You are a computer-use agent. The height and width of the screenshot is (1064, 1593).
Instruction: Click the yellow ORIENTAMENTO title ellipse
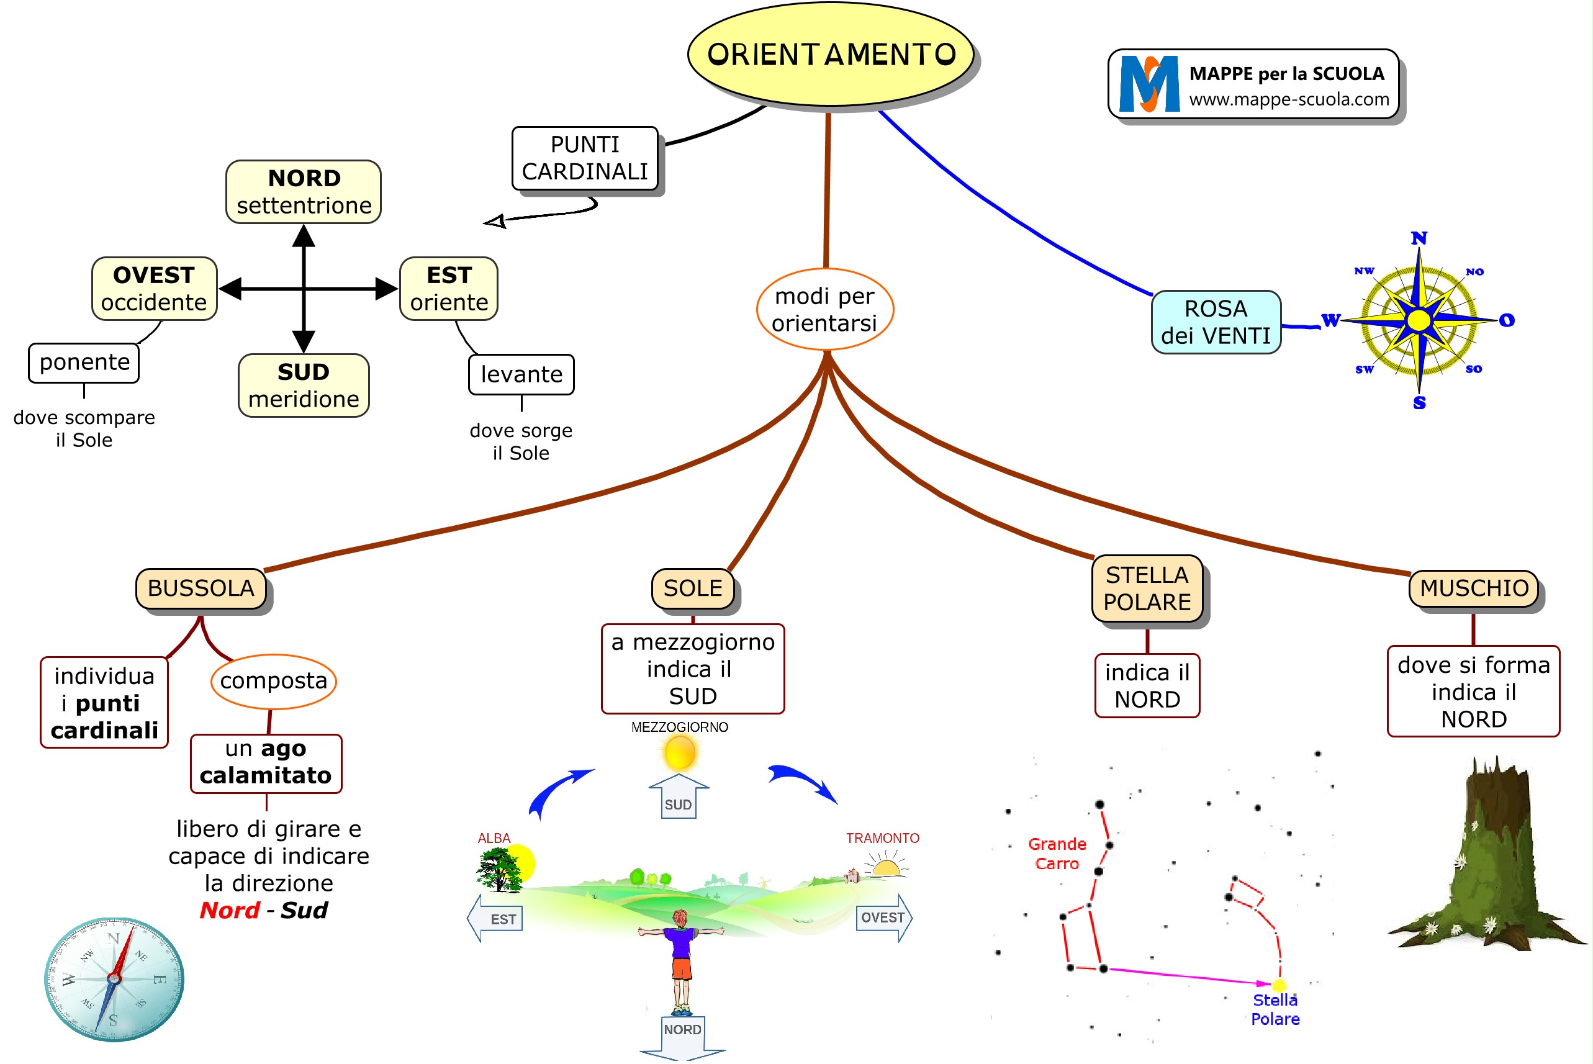pos(831,54)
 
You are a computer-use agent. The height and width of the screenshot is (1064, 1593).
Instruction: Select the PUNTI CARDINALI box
pos(585,158)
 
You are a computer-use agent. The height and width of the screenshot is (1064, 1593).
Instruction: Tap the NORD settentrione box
pos(304,192)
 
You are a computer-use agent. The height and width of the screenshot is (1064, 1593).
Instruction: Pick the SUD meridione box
pos(304,385)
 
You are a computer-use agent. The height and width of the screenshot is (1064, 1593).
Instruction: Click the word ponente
pos(84,363)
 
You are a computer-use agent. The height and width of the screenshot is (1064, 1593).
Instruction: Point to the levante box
pos(521,374)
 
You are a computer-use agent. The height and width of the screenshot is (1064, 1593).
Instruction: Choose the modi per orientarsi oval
pos(825,309)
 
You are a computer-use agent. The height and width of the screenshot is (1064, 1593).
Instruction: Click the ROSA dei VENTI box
pos(1216,322)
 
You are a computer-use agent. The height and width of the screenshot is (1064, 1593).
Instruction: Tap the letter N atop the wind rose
pos(1419,238)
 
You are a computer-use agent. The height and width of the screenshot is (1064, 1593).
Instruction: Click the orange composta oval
pos(273,680)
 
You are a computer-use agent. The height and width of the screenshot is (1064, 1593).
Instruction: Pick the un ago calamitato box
pos(266,763)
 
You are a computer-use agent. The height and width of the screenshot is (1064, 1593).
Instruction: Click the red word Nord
pos(229,910)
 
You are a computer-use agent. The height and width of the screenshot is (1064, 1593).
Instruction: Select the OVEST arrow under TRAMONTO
pos(884,917)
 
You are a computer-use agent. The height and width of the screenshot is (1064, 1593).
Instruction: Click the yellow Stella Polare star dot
pos(1279,985)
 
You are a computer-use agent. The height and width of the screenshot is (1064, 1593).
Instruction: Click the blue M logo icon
pos(1148,84)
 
